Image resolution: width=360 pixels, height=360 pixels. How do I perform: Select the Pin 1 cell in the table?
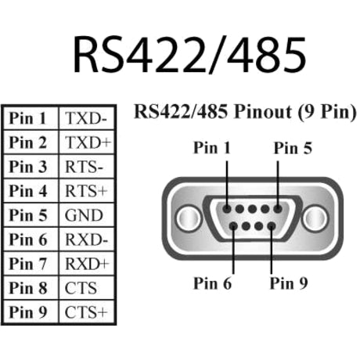pos(30,119)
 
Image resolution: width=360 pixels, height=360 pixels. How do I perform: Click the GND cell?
pos(82,215)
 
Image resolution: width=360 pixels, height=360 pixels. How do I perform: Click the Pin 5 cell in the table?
pos(30,215)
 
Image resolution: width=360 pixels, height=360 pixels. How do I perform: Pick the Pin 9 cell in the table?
pos(30,312)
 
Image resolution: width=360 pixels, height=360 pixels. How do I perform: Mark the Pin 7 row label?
pos(30,264)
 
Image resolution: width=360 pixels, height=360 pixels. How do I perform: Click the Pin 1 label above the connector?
pos(212,147)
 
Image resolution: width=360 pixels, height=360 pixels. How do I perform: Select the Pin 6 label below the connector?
pos(212,283)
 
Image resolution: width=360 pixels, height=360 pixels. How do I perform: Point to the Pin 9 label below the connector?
pos(288,283)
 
